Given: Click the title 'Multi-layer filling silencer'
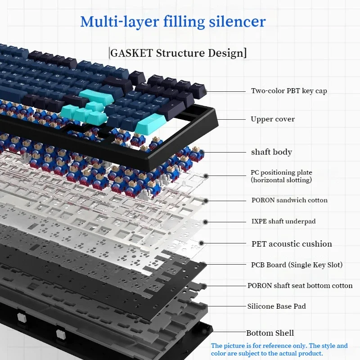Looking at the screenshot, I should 173,21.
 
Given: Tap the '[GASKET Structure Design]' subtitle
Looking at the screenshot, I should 178,53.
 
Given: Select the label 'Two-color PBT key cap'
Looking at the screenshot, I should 289,91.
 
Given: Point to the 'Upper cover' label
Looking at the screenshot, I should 273,119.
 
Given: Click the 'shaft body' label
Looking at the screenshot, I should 271,152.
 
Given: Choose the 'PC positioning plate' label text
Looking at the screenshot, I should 281,172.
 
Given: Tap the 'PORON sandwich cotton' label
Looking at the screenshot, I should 289,200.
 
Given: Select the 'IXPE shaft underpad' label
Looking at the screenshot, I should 283,221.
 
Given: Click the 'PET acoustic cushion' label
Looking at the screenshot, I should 292,244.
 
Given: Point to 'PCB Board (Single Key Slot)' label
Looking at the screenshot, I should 297,265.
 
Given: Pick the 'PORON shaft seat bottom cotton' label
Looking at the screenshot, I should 300,286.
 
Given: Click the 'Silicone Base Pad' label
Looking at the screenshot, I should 276,306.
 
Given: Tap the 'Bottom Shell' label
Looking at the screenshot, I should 270,333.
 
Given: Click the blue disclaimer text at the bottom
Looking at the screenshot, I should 279,350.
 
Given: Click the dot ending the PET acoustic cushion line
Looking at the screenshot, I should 202,243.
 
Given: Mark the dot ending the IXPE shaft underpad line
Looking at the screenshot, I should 206,221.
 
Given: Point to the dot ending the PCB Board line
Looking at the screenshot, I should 204,264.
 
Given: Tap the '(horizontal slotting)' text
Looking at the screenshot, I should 281,180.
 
